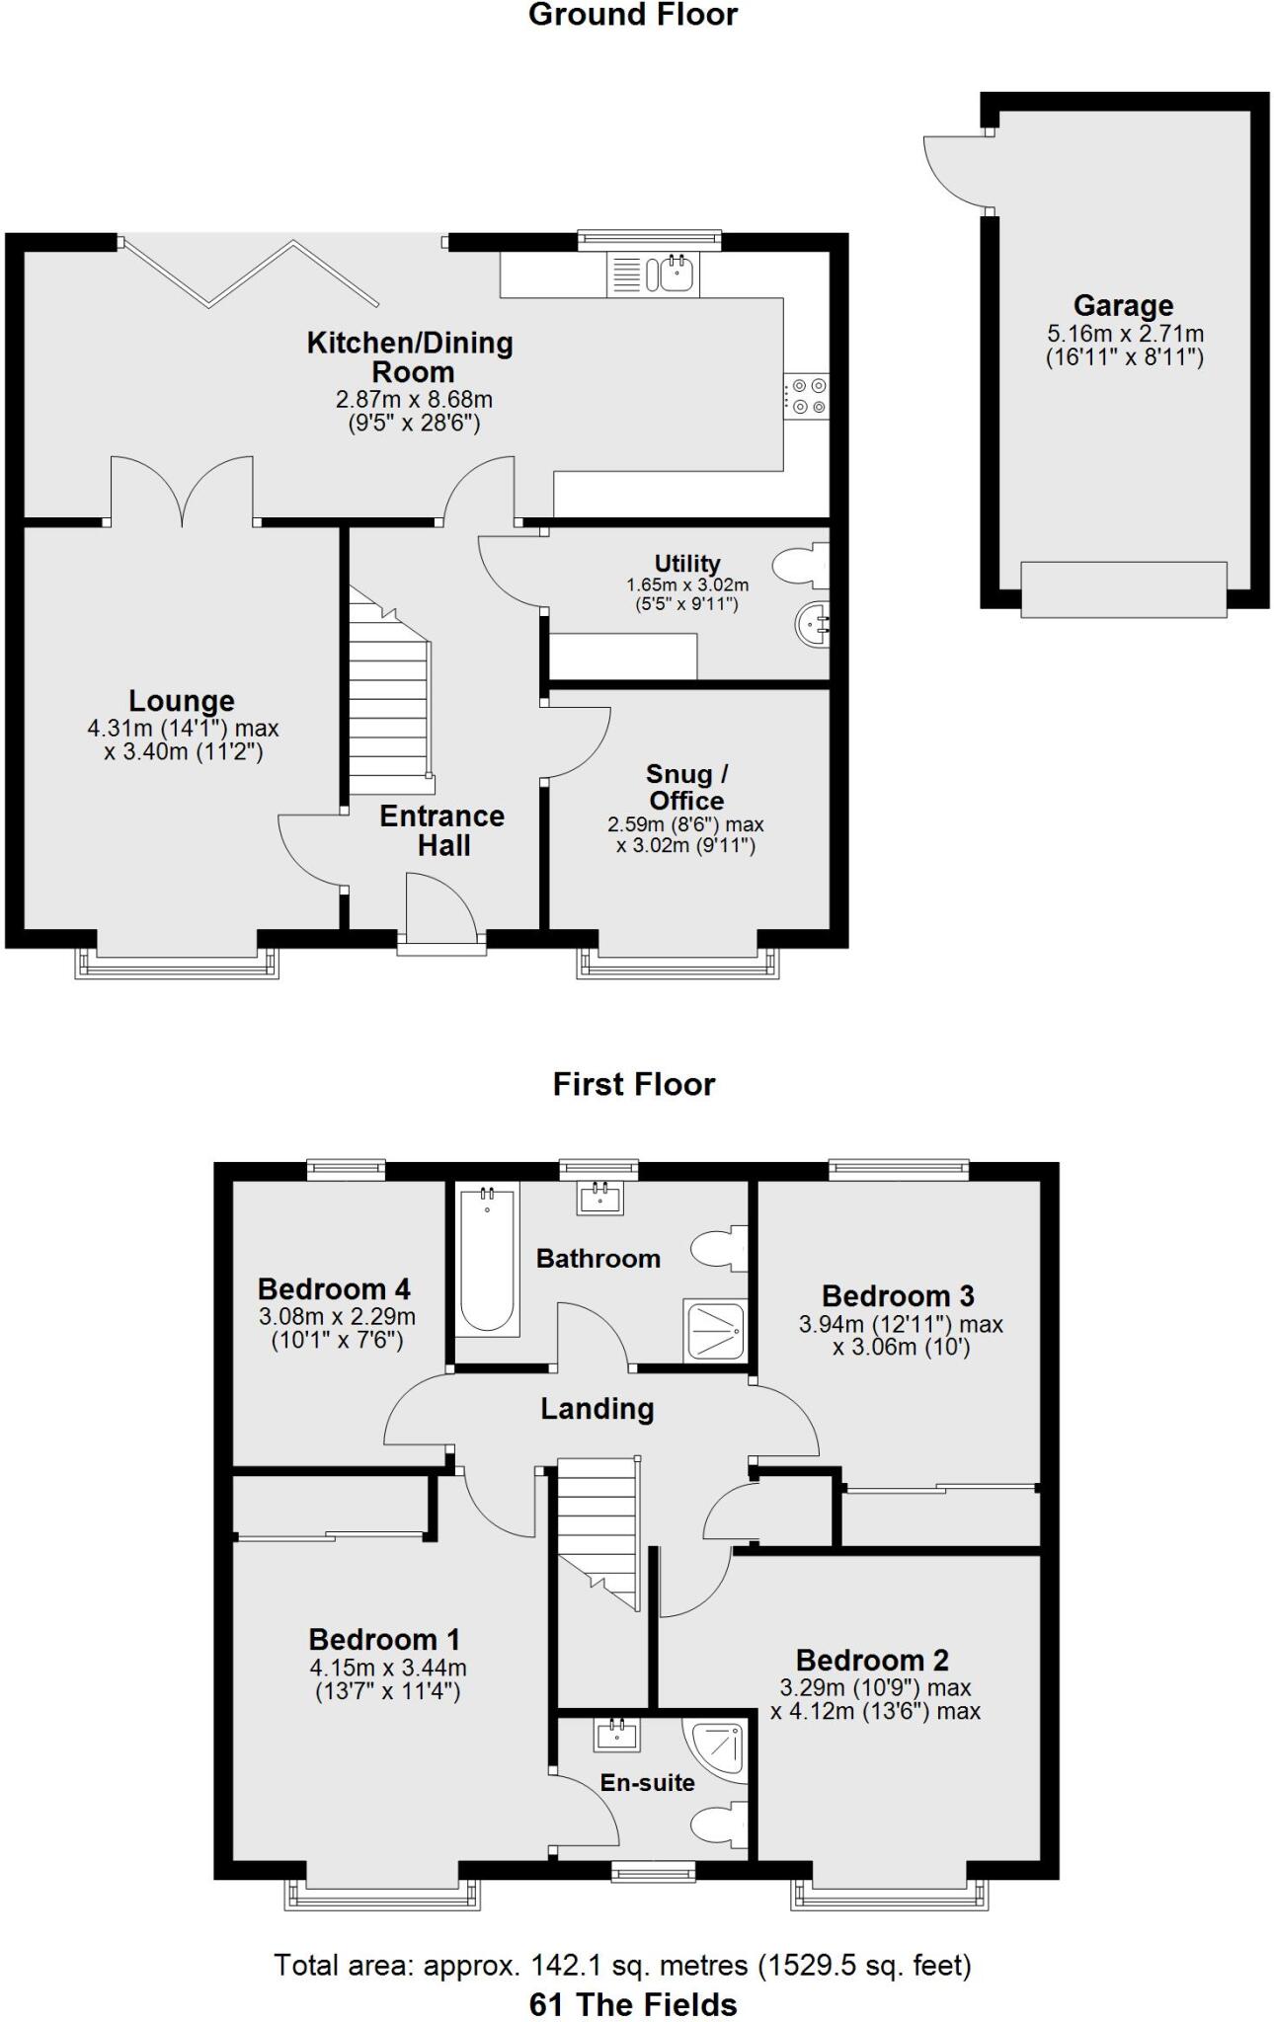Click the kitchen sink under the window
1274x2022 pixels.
[x=677, y=272]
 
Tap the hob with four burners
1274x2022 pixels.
[x=807, y=396]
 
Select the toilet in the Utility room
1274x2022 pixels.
[x=801, y=567]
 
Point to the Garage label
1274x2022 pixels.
[x=1123, y=306]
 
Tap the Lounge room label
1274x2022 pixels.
[x=182, y=701]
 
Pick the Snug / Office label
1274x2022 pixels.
[x=686, y=787]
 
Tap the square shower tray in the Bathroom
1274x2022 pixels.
[x=713, y=1331]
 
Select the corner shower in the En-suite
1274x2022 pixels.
[x=716, y=1750]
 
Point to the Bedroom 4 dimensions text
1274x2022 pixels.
[x=337, y=1328]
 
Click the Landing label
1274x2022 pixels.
[x=597, y=1409]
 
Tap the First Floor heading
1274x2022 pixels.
[x=633, y=1084]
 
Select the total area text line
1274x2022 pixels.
[x=622, y=1966]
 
